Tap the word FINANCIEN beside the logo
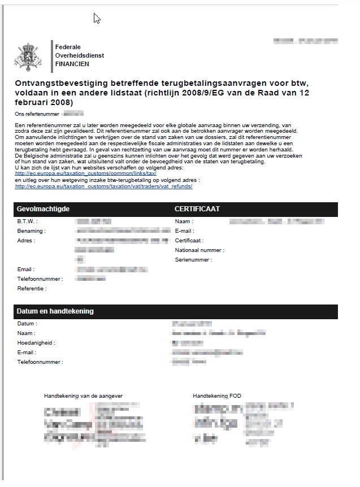72,64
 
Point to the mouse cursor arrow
97,18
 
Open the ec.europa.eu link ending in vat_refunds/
104,186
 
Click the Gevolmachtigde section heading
43,209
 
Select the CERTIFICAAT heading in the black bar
197,209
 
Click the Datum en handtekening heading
55,311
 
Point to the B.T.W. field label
27,221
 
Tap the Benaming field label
32,231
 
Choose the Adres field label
27,241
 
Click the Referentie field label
32,289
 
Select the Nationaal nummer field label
199,250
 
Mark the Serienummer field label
194,260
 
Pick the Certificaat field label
191,241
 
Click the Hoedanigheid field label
36,343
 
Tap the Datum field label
27,324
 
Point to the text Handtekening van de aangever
83,396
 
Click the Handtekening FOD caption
217,396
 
